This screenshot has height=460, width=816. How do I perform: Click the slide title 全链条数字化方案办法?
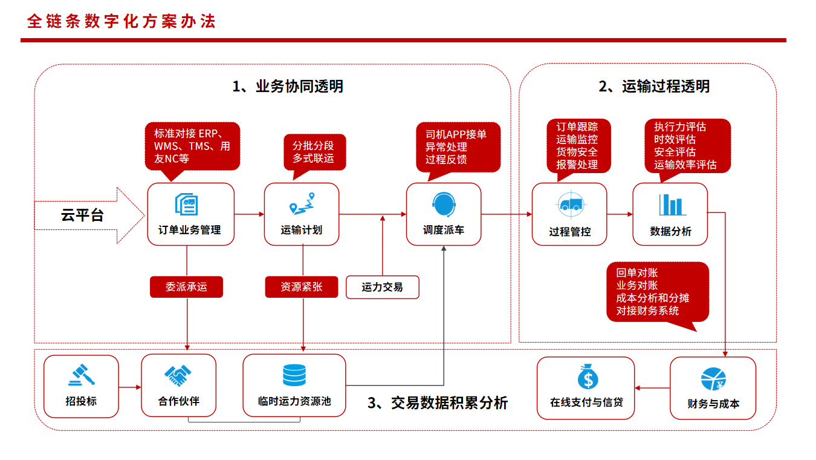(x=121, y=21)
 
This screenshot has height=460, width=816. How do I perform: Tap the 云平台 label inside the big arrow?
(x=82, y=215)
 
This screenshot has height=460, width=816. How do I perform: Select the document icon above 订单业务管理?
(x=187, y=205)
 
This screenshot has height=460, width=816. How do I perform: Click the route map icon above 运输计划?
(x=302, y=203)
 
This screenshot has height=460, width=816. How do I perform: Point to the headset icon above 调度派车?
(x=444, y=205)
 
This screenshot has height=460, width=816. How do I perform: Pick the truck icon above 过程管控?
(x=571, y=205)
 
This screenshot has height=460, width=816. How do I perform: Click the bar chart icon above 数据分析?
(x=673, y=205)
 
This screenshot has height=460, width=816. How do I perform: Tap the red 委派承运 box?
(x=187, y=287)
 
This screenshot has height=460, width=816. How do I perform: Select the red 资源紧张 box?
(x=302, y=287)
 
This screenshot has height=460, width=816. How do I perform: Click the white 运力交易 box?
(x=383, y=287)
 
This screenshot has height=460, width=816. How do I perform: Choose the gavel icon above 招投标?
(x=82, y=375)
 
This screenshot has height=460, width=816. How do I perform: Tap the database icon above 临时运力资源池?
(x=294, y=375)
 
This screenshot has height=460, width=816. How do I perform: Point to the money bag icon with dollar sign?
(x=588, y=376)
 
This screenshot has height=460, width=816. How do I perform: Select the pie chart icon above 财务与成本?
(x=713, y=379)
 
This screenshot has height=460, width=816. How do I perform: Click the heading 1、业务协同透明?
(x=288, y=87)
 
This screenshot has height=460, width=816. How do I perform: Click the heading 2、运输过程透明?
(x=654, y=87)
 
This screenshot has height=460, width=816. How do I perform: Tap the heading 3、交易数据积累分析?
(x=438, y=403)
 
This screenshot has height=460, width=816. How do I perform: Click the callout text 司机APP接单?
(x=456, y=134)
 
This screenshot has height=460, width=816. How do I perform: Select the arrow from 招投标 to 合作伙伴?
(x=130, y=387)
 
